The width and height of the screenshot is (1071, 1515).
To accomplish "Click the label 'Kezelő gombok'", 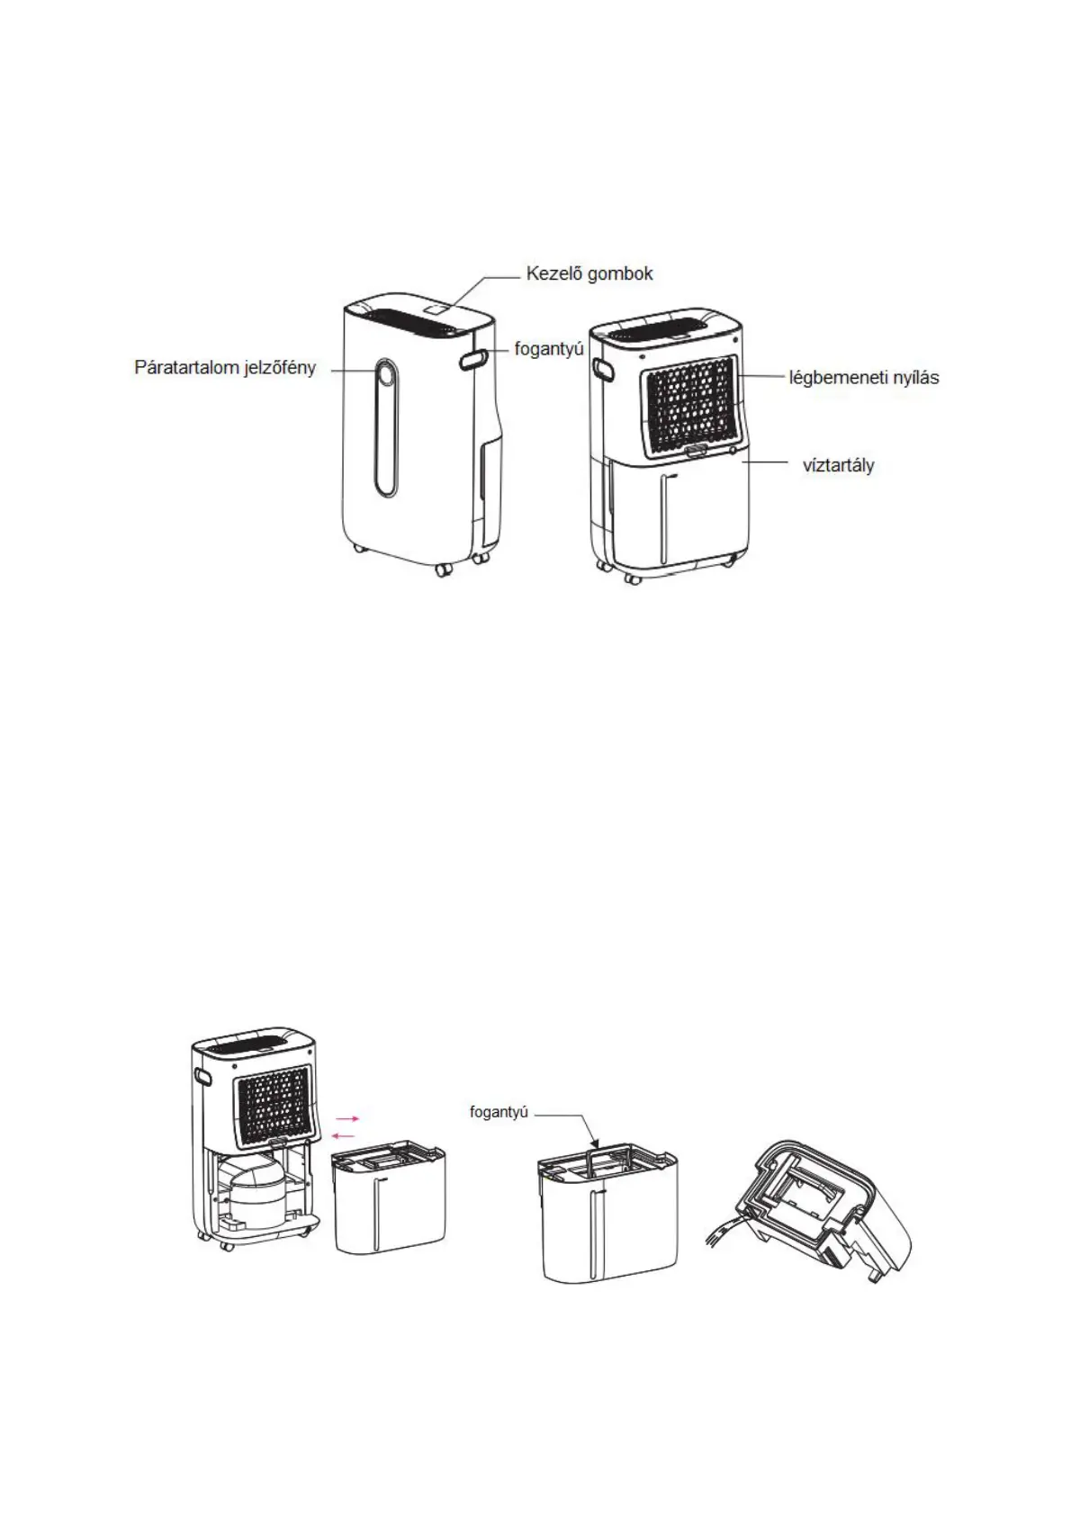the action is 589,274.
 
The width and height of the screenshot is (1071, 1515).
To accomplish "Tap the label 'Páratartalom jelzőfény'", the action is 225,368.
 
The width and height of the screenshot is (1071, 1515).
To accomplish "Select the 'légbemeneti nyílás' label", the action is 863,378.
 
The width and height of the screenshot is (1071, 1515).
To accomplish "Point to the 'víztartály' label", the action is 838,466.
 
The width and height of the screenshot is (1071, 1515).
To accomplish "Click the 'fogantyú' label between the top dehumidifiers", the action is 549,349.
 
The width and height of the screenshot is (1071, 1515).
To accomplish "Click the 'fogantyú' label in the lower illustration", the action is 498,1113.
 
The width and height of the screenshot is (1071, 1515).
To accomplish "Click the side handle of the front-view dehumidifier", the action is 474,359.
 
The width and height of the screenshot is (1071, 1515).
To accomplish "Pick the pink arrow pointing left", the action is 343,1135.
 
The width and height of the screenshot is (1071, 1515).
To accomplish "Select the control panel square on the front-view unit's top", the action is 438,309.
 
